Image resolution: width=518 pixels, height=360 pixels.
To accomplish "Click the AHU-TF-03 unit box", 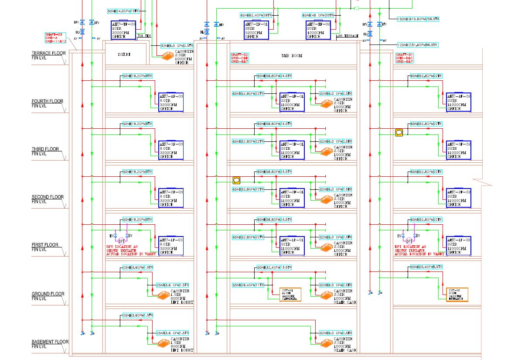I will coord(124,30).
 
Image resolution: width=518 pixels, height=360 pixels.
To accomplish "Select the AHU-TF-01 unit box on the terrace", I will coord(256,30).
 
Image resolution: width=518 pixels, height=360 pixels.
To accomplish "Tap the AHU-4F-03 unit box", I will coord(171,102).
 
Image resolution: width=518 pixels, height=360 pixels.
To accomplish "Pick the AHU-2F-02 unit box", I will coord(458,198).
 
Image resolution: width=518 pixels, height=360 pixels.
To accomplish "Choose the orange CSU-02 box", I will coord(457,295).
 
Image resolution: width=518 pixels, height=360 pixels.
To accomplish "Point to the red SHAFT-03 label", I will coord(55,38).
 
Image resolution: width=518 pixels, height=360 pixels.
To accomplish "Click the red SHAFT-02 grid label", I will coord(239,58).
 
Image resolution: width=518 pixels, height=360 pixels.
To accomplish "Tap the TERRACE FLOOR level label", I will coord(48,55).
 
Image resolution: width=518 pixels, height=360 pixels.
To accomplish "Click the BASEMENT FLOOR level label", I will coord(50,344).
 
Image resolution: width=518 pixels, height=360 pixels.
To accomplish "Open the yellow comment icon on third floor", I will coord(399,132).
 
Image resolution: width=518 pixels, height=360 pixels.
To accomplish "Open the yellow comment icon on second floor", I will coord(236,180).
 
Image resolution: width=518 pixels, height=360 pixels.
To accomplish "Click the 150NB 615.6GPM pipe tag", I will coord(418,19).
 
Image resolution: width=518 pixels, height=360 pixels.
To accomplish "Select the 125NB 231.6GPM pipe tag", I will coord(417,45).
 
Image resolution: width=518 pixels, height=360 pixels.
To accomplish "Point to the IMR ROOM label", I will coord(292,56).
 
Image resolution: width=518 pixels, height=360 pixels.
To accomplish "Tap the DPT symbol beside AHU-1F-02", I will coord(409,241).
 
